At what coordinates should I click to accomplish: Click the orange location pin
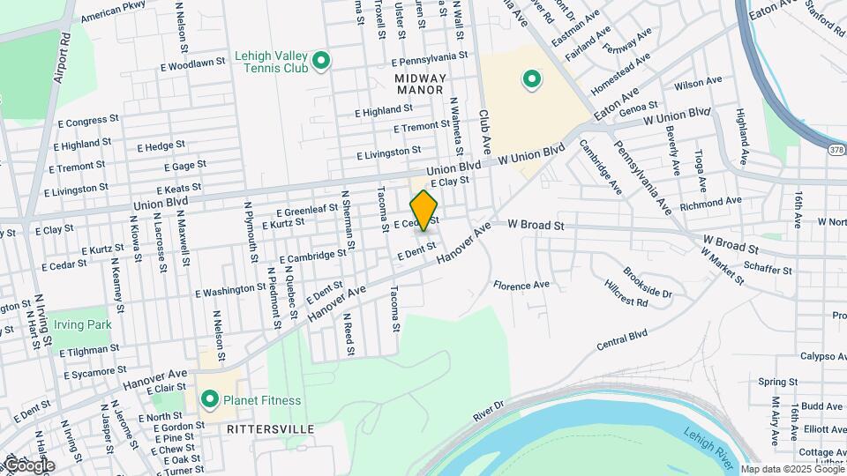pyautogui.click(x=424, y=210)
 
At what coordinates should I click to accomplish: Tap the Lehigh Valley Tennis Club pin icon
pyautogui.click(x=322, y=62)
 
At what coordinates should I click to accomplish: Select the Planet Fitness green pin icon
pyautogui.click(x=210, y=400)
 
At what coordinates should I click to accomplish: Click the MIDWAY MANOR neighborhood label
pyautogui.click(x=420, y=85)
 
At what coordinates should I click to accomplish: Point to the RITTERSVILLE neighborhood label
pyautogui.click(x=270, y=428)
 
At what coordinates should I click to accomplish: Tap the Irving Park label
pyautogui.click(x=82, y=324)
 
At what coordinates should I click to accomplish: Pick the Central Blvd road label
pyautogui.click(x=622, y=338)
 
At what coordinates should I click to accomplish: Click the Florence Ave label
pyautogui.click(x=521, y=286)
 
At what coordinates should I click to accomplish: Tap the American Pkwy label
pyautogui.click(x=112, y=13)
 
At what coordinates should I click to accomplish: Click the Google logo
pyautogui.click(x=28, y=465)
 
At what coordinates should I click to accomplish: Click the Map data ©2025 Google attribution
pyautogui.click(x=791, y=469)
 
